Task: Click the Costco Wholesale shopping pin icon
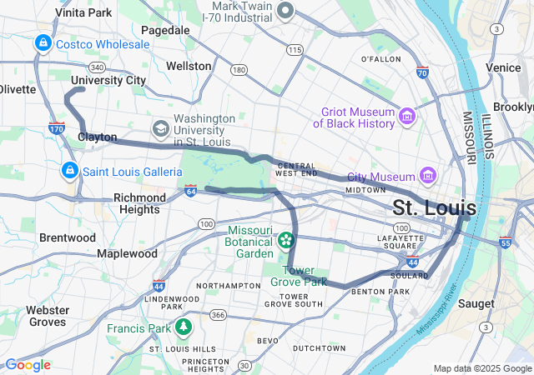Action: [x=41, y=42]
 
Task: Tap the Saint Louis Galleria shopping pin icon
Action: [x=69, y=171]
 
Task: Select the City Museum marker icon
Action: [x=429, y=176]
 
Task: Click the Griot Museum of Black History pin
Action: [x=407, y=114]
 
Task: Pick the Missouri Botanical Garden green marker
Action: [x=286, y=240]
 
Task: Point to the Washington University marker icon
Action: [x=160, y=129]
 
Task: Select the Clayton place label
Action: [x=98, y=137]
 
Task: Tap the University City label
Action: [x=108, y=81]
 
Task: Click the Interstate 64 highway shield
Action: [x=191, y=192]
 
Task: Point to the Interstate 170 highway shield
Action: [x=57, y=128]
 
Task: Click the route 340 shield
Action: [x=97, y=67]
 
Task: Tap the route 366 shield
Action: [x=218, y=314]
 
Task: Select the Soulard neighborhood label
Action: [x=410, y=276]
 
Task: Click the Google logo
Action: [x=28, y=365]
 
